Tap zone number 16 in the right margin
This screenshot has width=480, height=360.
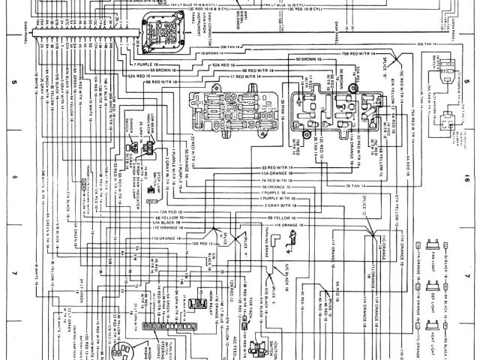point(466,180)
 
